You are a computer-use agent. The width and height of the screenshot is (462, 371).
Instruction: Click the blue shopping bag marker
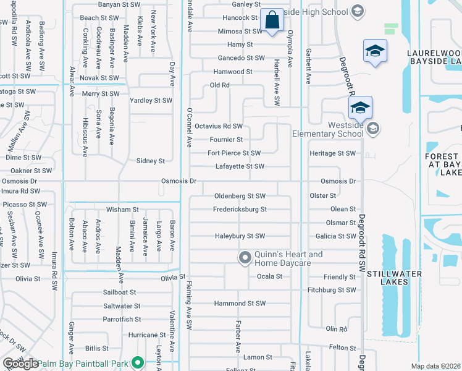272,20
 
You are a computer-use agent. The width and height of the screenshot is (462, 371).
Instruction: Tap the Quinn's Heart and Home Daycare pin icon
245,256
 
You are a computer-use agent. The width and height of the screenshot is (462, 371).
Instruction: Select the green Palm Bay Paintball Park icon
138,363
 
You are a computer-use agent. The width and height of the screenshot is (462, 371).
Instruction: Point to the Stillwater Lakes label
394,278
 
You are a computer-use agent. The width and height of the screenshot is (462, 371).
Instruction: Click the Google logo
20,363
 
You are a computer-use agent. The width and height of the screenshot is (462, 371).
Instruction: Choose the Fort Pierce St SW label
234,153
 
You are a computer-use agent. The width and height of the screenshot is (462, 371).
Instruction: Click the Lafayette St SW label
240,166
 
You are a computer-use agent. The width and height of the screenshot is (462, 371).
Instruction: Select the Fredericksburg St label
240,209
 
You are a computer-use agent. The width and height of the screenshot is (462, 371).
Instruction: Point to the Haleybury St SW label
240,236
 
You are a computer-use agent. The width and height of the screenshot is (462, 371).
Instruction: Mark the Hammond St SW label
240,304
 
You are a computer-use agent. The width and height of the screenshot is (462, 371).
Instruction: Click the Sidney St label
151,161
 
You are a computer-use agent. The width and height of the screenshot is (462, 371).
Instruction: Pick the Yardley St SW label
151,100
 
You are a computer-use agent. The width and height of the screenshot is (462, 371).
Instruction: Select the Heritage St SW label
333,153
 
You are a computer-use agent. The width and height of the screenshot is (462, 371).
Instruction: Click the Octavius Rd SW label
219,126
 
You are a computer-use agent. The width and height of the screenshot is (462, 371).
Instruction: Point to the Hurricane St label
143,335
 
